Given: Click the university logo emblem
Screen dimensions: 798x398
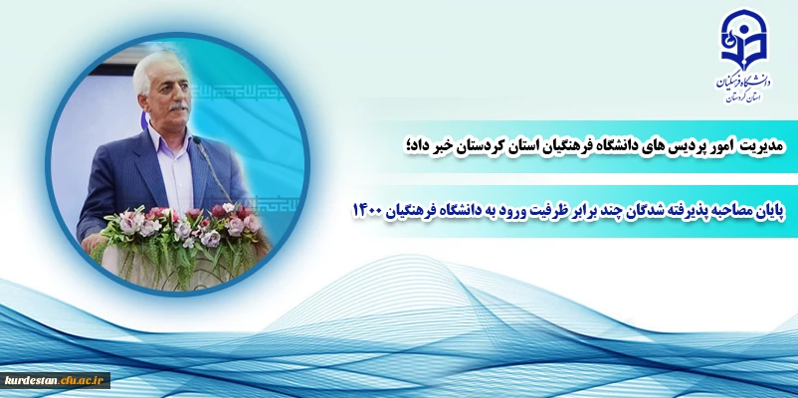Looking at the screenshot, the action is [x=743, y=40].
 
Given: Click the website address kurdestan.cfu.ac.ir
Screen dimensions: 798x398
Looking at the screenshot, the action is [x=55, y=380].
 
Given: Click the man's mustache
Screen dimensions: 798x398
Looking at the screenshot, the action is [x=178, y=106].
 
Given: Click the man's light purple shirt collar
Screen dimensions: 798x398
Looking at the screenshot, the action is [x=169, y=139].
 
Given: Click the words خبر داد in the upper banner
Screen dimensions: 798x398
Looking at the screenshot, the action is [x=426, y=146].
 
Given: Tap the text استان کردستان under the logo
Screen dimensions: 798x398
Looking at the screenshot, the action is [x=743, y=97].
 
